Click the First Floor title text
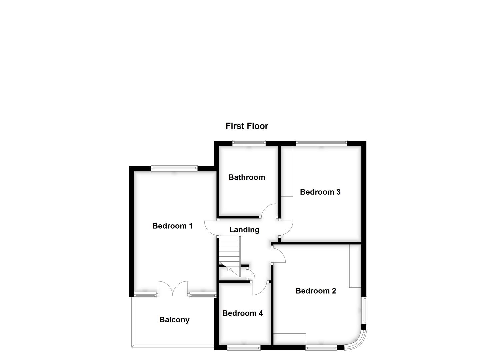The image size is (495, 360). point(247,126)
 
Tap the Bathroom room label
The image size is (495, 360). point(247,177)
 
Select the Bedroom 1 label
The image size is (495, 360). point(172,226)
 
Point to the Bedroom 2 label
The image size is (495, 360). point(316,291)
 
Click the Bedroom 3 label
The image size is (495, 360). point(320,192)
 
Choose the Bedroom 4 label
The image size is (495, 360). point(242,313)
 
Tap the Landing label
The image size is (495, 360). point(244,230)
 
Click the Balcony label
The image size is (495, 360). point(174,320)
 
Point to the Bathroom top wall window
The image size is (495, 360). point(249,143)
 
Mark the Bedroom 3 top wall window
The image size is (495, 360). point(321,143)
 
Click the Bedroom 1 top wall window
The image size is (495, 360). point(174,168)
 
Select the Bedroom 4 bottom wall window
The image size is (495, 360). point(244,348)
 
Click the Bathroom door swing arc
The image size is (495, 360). point(269,211)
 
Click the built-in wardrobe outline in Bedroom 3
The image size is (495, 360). point(287,171)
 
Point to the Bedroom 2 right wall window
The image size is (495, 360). point(365,310)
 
